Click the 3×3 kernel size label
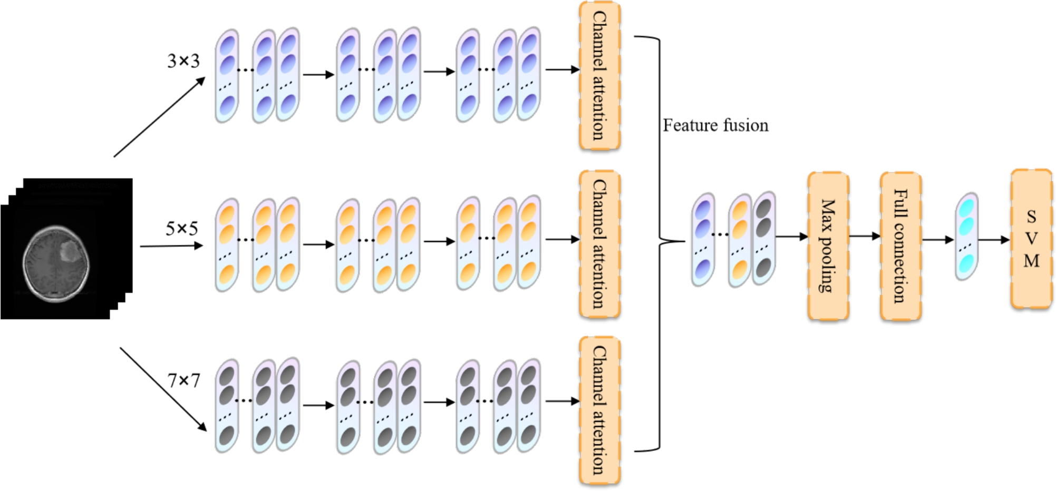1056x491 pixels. [x=183, y=61]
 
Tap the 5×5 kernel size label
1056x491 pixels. [x=182, y=229]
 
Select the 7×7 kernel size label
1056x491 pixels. [x=183, y=380]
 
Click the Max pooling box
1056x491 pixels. [x=828, y=246]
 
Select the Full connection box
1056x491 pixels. [x=900, y=246]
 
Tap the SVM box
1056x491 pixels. [x=1031, y=239]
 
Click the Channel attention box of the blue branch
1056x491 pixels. [x=599, y=76]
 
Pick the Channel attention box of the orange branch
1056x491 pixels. [x=599, y=244]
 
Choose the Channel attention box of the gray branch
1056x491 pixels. [x=599, y=410]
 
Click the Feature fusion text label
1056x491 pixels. [x=715, y=125]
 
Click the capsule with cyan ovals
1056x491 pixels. [x=966, y=237]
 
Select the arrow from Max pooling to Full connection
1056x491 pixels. [x=865, y=236]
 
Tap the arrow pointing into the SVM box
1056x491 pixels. [x=994, y=240]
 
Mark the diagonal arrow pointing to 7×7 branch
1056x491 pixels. [x=163, y=389]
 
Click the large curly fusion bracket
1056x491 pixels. [x=660, y=242]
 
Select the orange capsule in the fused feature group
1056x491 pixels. [x=740, y=240]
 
